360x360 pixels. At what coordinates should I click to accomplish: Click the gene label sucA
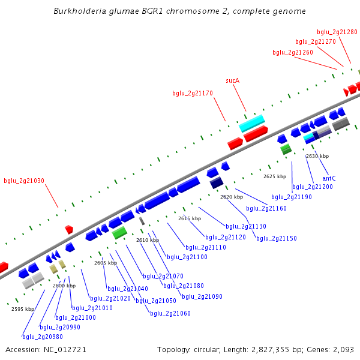point(232,80)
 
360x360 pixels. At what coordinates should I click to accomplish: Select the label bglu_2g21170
point(193,93)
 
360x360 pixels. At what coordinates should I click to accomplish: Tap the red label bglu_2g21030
point(24,181)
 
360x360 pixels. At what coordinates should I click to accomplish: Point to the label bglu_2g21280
point(337,32)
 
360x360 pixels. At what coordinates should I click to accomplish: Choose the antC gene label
point(329,178)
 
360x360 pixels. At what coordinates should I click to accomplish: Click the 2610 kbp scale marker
point(147,240)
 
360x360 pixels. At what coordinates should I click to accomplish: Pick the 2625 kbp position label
point(275,176)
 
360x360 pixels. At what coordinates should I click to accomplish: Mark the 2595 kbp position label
point(23,309)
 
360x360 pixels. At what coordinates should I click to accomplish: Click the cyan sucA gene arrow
point(252,123)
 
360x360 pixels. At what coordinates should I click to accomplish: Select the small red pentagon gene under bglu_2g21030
point(69,229)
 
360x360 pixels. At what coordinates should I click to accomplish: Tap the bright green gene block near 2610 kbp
point(119,232)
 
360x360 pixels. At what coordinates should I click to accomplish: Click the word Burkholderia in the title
point(79,11)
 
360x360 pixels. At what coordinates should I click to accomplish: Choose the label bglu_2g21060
point(170,313)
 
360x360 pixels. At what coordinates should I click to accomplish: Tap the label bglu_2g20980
point(43,337)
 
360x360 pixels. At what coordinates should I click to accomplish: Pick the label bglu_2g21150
point(277,238)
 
